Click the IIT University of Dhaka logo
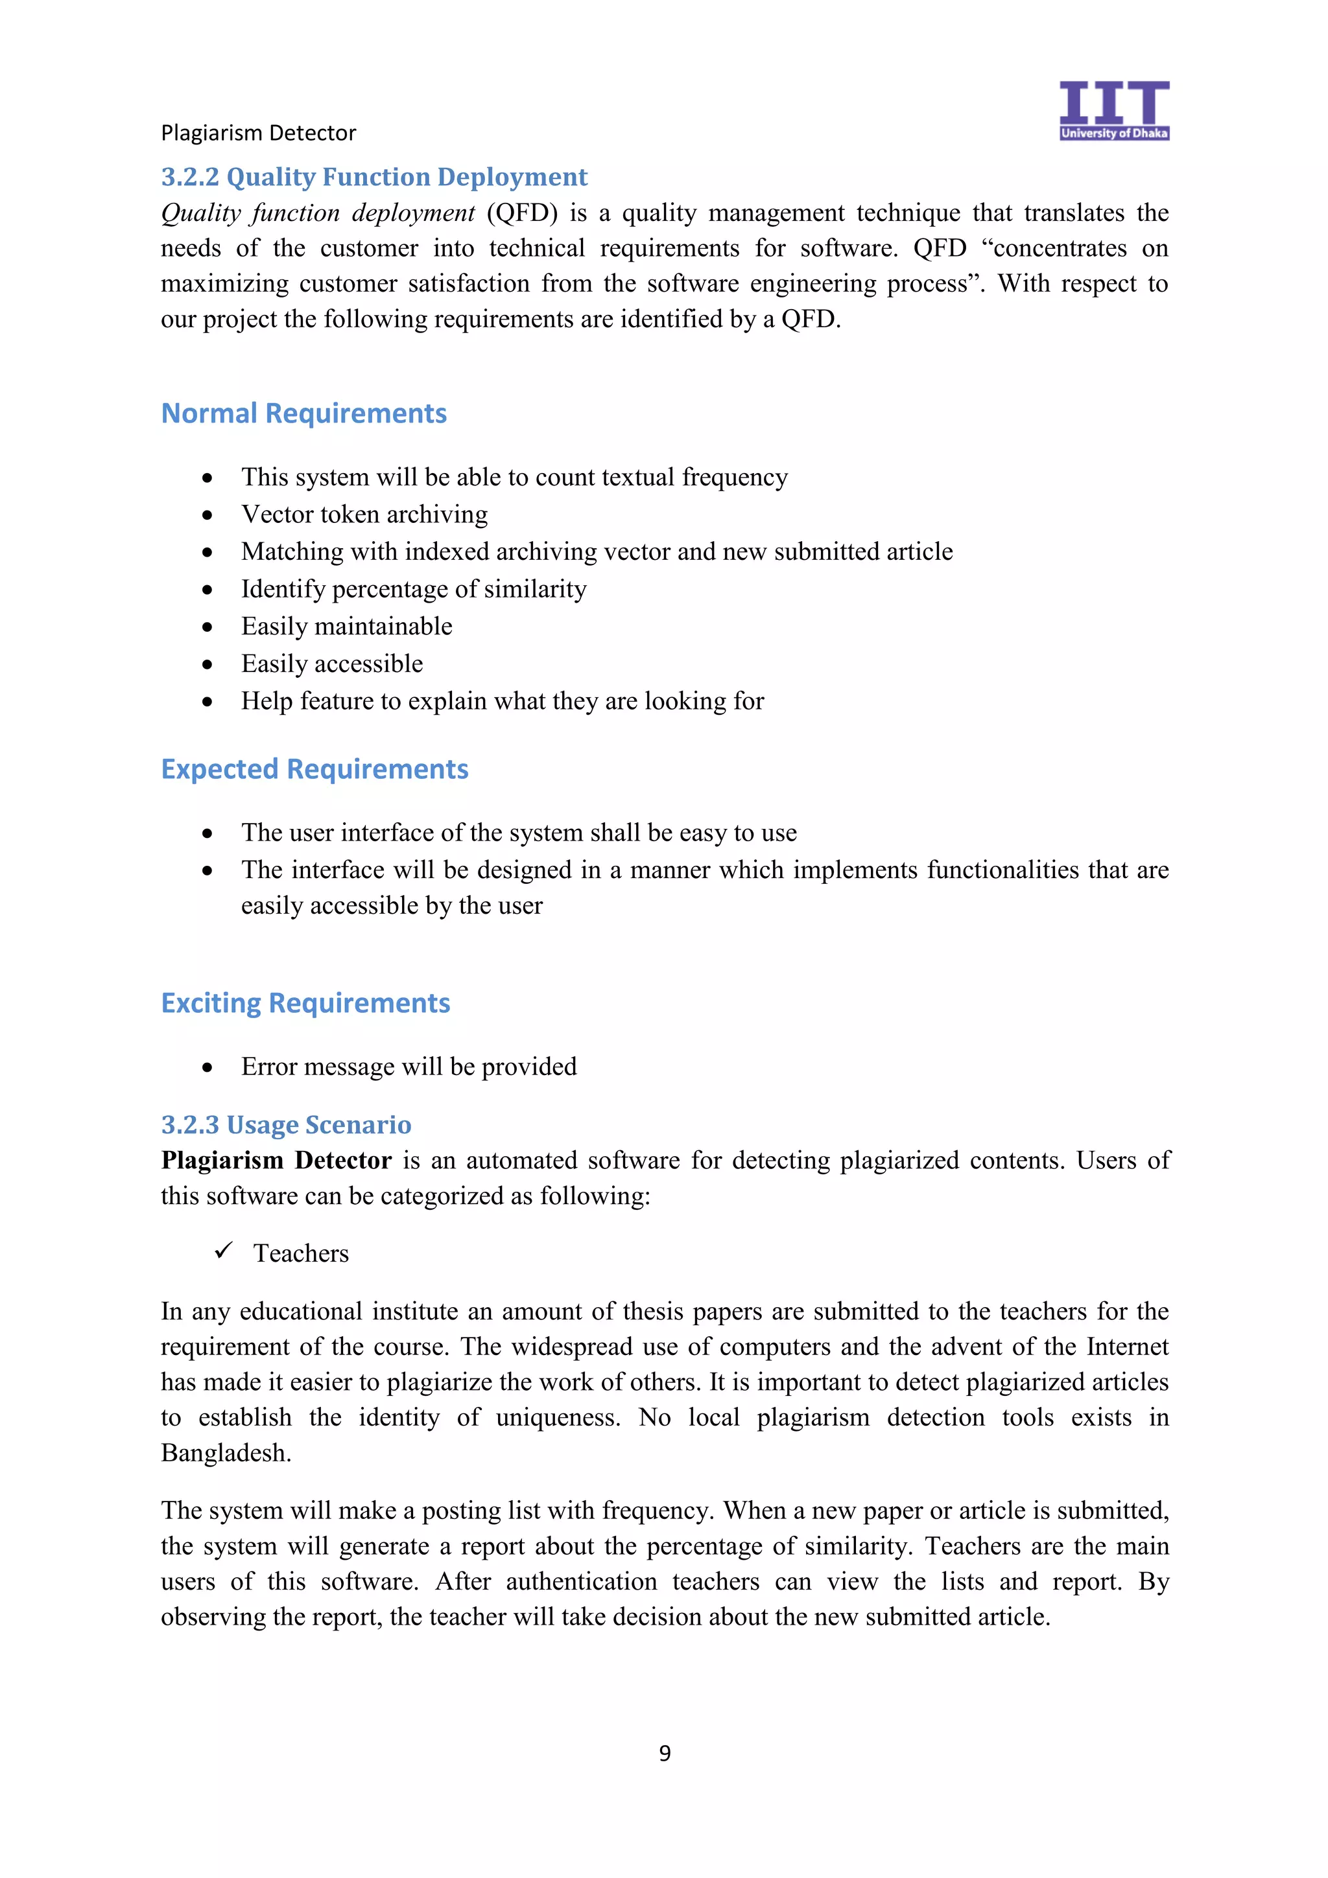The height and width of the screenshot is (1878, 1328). (1113, 110)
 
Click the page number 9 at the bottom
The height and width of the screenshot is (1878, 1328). (665, 1752)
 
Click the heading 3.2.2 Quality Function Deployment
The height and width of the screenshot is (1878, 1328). (374, 177)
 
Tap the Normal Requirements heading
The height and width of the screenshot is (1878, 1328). (303, 413)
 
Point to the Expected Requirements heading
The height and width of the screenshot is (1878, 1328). (314, 769)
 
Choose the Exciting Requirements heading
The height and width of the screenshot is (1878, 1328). (305, 1003)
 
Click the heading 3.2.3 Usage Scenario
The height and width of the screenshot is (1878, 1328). (285, 1125)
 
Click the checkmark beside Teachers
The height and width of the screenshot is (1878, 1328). (223, 1251)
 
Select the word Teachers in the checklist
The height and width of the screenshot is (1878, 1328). (300, 1253)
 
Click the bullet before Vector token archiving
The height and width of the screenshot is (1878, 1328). (208, 515)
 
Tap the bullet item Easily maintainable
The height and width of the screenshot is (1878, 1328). (346, 627)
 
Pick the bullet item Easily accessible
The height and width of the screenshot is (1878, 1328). (331, 664)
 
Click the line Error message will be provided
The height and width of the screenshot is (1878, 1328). (409, 1067)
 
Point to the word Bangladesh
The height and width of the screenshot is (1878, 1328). (225, 1453)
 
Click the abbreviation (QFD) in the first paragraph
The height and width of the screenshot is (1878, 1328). (521, 213)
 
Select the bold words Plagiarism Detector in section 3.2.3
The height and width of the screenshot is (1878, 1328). (276, 1161)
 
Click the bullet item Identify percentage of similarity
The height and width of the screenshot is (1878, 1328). (413, 589)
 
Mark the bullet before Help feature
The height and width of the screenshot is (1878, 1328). (208, 702)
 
